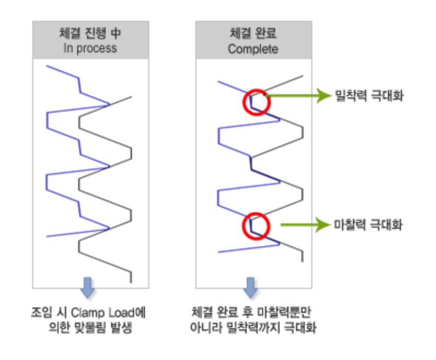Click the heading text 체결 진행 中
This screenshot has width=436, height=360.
pos(89,33)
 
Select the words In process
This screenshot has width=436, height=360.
pos(89,48)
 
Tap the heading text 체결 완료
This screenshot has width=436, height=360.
pos(253,33)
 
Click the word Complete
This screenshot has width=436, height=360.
pos(253,48)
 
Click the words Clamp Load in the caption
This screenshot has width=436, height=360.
pos(106,313)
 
